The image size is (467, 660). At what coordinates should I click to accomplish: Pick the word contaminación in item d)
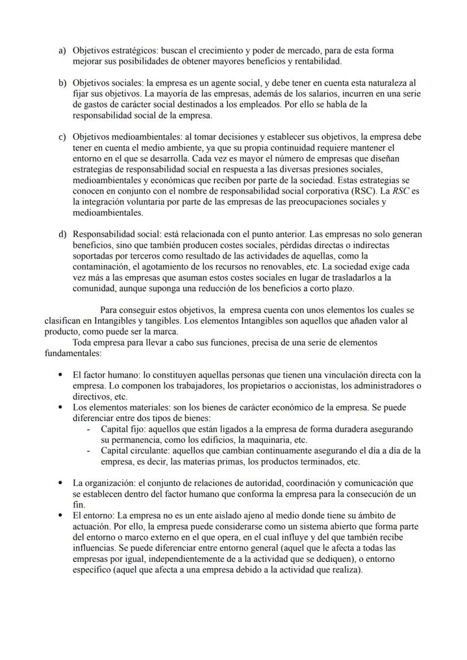tap(103, 267)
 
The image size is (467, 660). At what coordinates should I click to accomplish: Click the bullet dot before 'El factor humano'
tap(61, 375)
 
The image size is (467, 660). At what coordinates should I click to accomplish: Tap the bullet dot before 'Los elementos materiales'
tap(61, 407)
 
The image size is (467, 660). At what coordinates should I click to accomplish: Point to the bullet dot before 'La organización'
tap(61, 484)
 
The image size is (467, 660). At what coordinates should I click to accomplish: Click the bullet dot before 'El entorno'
tap(61, 516)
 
